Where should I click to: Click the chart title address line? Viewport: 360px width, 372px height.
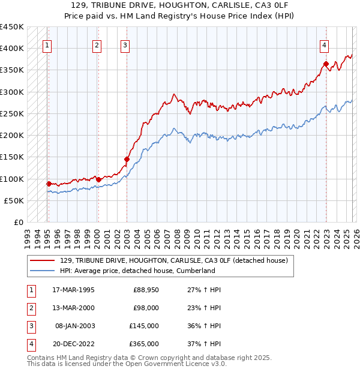180,5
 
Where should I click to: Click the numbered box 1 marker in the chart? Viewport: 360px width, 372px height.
47,44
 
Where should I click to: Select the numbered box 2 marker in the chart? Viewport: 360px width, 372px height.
97,44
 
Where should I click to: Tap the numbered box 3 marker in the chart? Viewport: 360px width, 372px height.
125,44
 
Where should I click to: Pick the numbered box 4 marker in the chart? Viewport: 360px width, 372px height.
323,44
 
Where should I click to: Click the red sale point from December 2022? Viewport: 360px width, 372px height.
325,64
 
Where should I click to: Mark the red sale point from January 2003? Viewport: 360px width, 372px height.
127,159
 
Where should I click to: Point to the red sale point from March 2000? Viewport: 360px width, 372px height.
98,179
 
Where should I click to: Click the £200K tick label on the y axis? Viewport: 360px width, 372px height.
12,136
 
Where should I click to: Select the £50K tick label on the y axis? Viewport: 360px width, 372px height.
14,201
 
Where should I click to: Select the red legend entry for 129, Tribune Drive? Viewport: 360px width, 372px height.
174,260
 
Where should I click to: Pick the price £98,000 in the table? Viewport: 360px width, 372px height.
146,308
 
